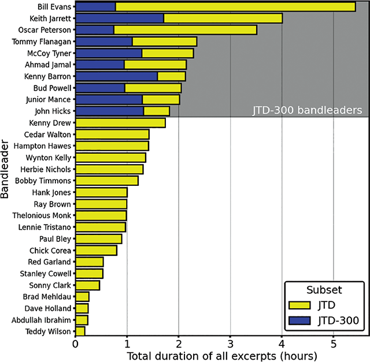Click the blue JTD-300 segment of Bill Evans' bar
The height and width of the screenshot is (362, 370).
click(95, 7)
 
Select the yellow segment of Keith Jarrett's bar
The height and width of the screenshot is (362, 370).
click(223, 18)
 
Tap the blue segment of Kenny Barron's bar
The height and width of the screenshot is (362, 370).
click(116, 76)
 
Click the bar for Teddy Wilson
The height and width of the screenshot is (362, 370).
click(80, 331)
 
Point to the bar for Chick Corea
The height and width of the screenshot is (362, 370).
click(96, 251)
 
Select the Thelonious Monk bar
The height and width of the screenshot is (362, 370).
click(101, 215)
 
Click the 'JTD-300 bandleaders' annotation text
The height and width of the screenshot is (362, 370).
click(306, 110)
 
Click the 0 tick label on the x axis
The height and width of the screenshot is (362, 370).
click(75, 344)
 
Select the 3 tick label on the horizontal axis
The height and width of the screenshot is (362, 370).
click(230, 344)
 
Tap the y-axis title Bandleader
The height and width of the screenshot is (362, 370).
click(6, 169)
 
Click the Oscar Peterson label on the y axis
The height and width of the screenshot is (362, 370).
click(45, 30)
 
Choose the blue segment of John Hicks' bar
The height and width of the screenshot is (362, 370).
click(109, 111)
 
